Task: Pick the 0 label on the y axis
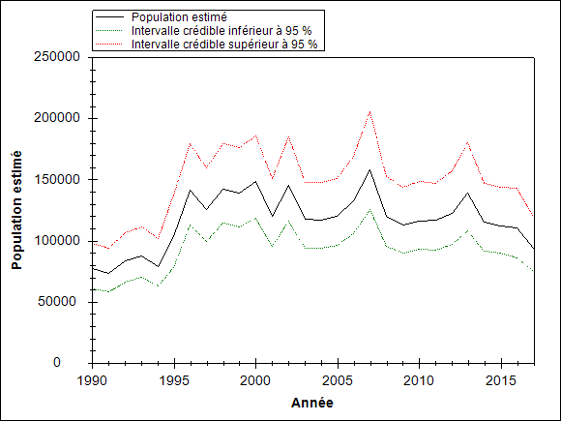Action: coord(57,363)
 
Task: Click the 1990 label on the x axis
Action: coord(92,381)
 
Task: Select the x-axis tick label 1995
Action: coord(174,381)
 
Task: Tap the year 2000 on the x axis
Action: coord(255,381)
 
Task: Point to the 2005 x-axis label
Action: coord(338,381)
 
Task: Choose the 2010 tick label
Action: coord(419,381)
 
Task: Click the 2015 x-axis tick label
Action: coord(501,381)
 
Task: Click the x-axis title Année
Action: coord(312,403)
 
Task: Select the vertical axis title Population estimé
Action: coord(16,210)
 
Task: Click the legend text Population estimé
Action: coord(179,17)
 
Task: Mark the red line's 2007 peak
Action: coord(369,111)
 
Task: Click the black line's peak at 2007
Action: coord(369,169)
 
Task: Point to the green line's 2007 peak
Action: coord(369,209)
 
